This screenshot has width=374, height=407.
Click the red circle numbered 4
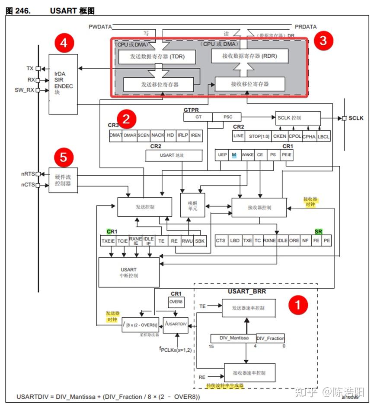click(64, 43)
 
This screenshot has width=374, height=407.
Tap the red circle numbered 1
click(298, 304)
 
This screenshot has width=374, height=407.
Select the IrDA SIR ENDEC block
click(64, 78)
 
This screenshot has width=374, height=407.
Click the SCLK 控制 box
click(298, 118)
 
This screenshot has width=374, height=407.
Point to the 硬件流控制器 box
click(63, 180)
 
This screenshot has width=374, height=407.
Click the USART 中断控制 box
click(128, 272)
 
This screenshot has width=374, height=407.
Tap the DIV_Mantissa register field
click(233, 338)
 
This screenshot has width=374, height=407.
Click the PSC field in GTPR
click(227, 117)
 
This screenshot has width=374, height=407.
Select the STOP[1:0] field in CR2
click(258, 136)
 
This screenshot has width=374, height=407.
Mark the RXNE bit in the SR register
click(269, 240)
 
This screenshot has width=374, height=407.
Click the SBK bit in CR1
click(200, 240)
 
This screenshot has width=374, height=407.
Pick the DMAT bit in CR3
click(116, 135)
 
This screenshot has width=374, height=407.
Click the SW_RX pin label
click(25, 90)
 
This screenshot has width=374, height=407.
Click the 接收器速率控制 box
click(249, 372)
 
